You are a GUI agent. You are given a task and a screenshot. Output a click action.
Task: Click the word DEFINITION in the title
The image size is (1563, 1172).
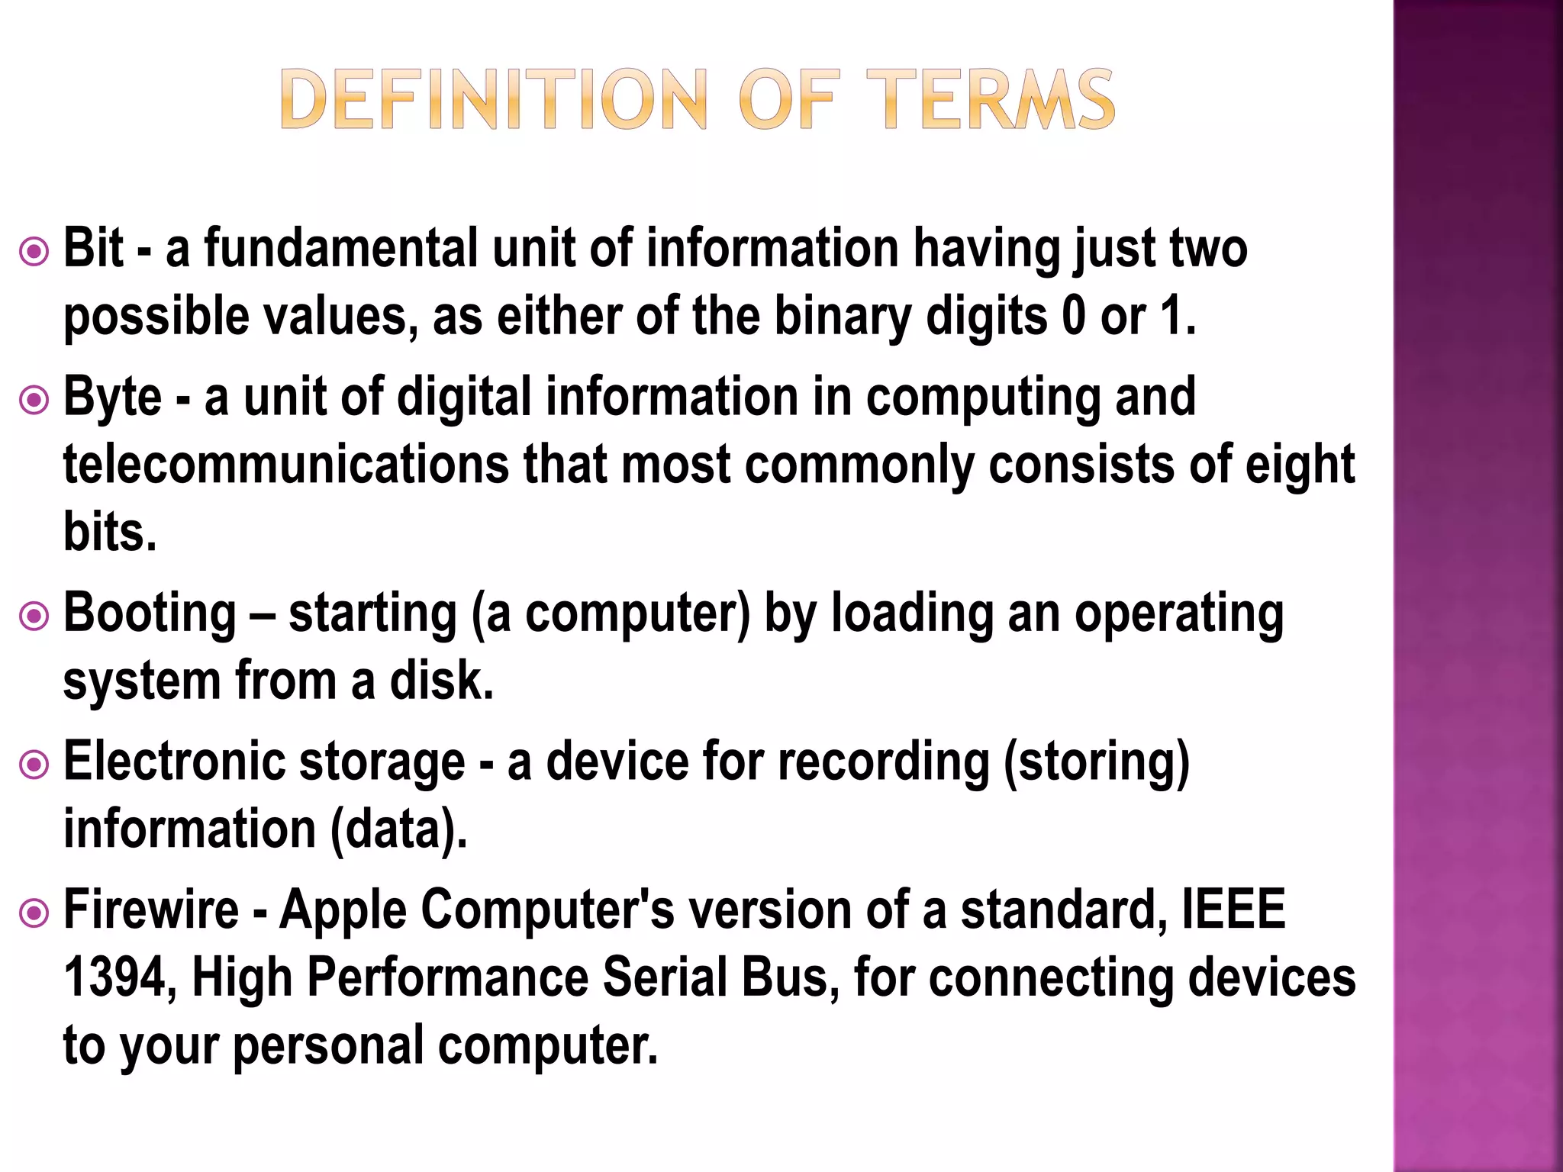coord(494,99)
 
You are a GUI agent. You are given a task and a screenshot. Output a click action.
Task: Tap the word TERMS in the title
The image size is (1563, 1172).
coord(990,99)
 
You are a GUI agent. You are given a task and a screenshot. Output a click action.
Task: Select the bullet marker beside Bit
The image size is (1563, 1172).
coord(34,251)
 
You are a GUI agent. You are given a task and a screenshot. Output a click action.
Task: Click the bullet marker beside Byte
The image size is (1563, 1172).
coord(34,399)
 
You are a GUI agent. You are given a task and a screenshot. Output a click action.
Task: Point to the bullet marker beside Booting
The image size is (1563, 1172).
coord(34,616)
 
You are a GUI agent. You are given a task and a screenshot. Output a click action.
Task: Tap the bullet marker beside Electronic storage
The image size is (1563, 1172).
coord(34,764)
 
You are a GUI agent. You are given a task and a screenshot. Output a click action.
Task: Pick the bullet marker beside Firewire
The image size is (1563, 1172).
coord(34,912)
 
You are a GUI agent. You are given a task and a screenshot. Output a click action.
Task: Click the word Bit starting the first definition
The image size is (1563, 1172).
coord(93,248)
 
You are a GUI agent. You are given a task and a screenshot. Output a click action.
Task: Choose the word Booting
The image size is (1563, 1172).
coord(150,614)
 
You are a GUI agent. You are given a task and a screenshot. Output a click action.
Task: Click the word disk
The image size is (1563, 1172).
coord(442,681)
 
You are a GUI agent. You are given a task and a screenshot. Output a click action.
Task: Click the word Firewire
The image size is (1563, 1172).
coord(151,910)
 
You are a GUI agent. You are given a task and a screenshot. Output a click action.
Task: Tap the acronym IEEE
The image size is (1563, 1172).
coord(1233,910)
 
